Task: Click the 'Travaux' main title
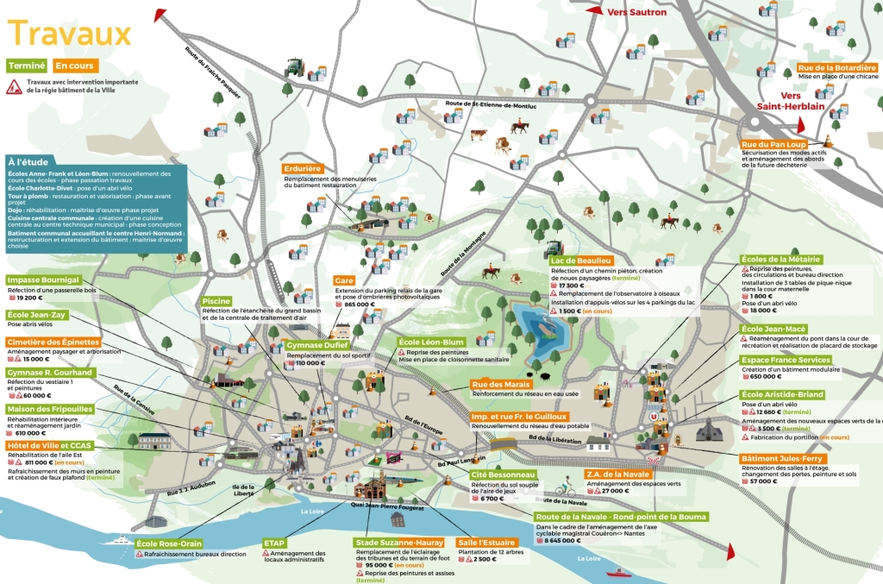[69, 35]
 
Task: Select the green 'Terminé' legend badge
[26, 66]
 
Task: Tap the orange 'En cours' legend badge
[75, 66]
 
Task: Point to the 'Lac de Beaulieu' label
[582, 261]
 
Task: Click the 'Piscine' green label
[216, 301]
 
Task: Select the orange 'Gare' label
[345, 280]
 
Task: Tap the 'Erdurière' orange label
[302, 168]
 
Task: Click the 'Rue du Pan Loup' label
[773, 144]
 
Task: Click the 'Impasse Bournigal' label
[44, 280]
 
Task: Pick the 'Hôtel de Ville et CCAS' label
[49, 446]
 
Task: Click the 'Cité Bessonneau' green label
[504, 474]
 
